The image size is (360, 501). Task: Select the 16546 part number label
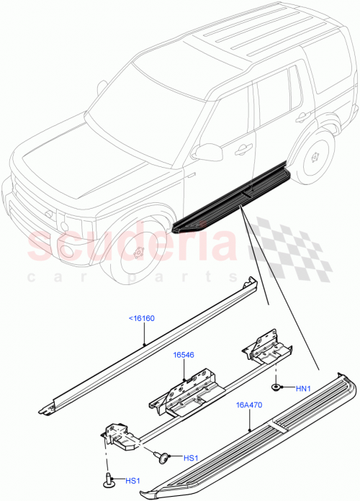coord(184,355)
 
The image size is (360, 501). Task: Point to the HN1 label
coord(305,389)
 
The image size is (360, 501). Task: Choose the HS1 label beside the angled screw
coord(190,458)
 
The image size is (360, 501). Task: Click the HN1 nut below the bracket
coord(277,388)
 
